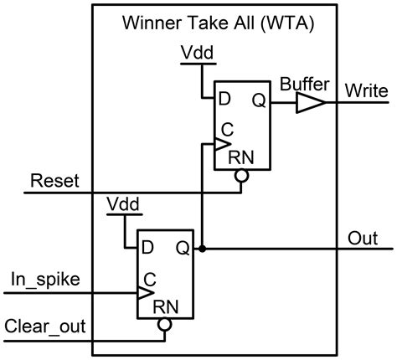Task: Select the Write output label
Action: click(365, 88)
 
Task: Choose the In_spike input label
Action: click(46, 278)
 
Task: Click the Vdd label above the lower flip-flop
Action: click(124, 204)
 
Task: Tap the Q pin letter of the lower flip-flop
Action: click(183, 249)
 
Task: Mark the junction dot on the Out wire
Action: click(202, 249)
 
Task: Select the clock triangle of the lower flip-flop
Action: click(144, 294)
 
